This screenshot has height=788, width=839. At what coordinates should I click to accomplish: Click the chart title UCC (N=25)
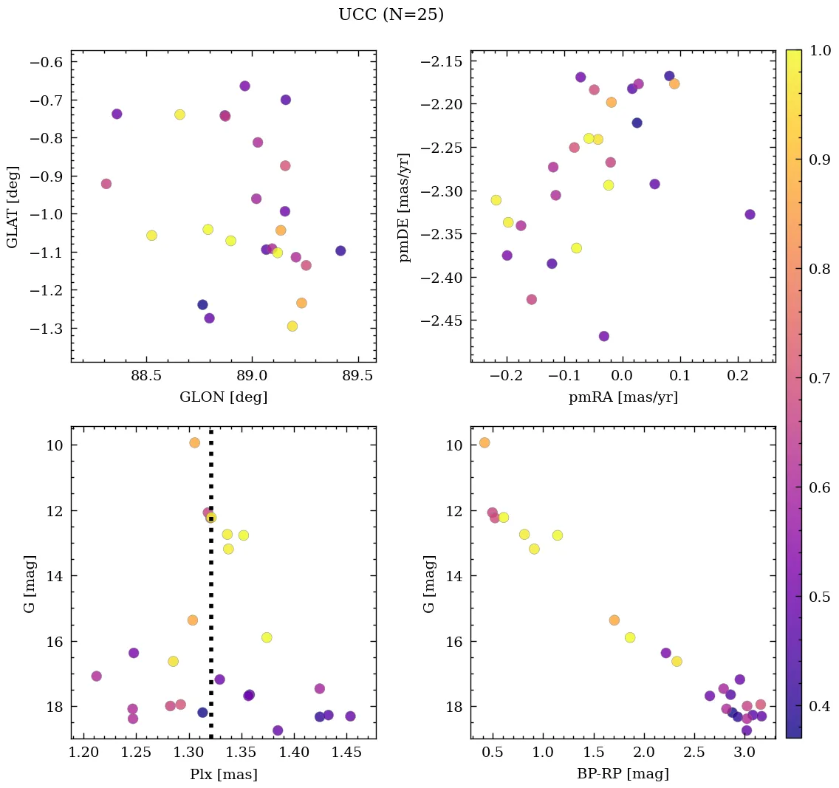click(x=391, y=15)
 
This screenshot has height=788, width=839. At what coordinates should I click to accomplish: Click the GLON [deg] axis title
click(x=223, y=397)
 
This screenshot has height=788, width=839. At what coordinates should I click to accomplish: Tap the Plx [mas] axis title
click(x=223, y=775)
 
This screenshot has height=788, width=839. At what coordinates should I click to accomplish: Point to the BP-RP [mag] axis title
click(x=623, y=775)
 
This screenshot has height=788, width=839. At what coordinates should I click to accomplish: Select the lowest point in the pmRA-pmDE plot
click(x=604, y=336)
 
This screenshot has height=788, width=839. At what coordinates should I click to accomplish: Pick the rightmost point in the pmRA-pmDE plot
click(x=750, y=214)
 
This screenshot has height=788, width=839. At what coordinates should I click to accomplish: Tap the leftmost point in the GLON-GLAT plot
click(x=106, y=184)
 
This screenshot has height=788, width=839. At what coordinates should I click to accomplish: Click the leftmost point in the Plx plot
click(x=96, y=676)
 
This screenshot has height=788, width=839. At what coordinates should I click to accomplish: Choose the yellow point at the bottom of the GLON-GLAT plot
click(x=292, y=326)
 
